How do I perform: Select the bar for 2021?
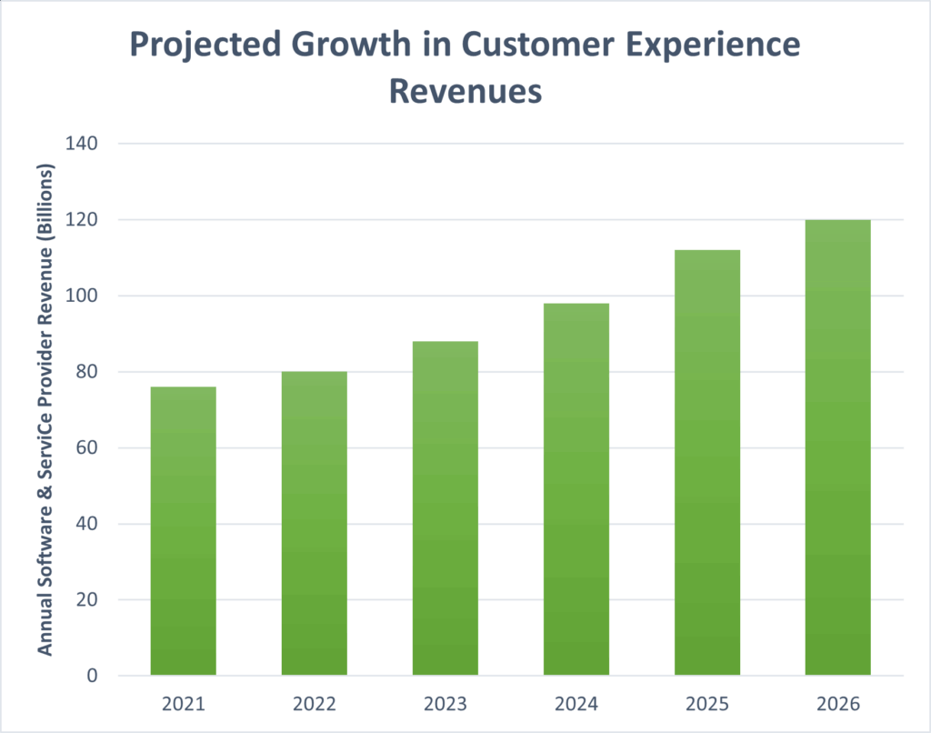[183, 531]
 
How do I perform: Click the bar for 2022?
[314, 524]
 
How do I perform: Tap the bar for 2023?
[445, 508]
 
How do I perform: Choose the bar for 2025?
[706, 463]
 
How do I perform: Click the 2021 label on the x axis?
[183, 704]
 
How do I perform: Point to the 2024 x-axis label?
[576, 704]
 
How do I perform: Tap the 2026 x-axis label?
[837, 704]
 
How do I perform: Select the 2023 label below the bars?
[445, 704]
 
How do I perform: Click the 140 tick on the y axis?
[83, 144]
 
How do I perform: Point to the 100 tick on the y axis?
[83, 296]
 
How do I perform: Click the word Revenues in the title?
[465, 91]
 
